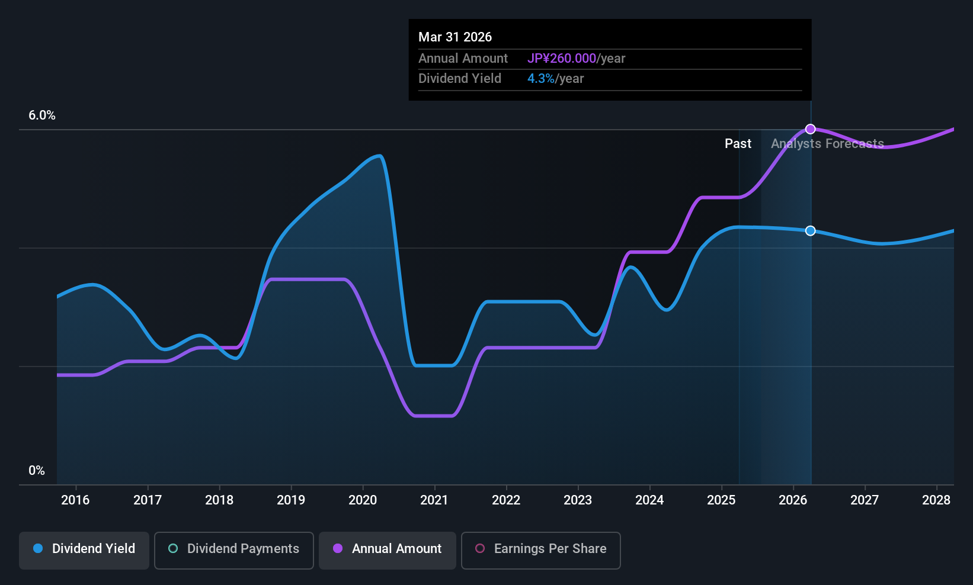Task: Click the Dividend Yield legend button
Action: coord(84,549)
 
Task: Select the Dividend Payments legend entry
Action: coord(233,549)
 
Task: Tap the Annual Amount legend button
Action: coord(388,549)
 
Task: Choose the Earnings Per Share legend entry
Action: coord(540,549)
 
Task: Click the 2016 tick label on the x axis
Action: coord(75,500)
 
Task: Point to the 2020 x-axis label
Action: coord(363,500)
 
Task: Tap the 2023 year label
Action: coord(578,500)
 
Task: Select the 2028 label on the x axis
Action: coord(936,500)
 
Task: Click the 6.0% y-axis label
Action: coord(42,115)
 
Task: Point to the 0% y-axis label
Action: coord(37,471)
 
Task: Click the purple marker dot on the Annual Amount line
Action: coord(811,129)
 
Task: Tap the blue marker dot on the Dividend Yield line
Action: coord(811,231)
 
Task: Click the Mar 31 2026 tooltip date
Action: coord(455,37)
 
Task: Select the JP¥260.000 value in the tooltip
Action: coord(562,59)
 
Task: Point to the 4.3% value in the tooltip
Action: coord(541,79)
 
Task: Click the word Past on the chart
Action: coord(738,144)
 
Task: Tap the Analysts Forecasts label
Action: coord(827,144)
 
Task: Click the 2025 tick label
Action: coord(721,500)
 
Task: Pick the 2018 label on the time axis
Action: coord(219,500)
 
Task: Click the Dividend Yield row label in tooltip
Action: coord(460,79)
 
